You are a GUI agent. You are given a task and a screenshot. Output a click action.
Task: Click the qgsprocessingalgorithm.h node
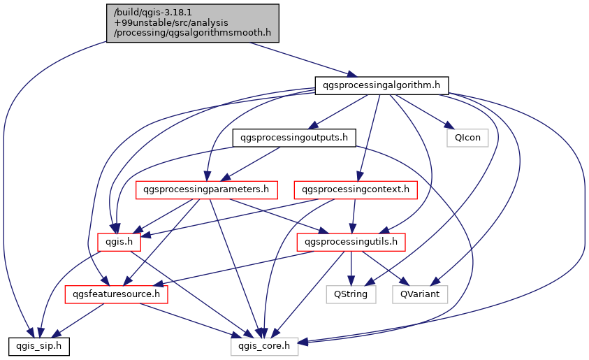coord(381,85)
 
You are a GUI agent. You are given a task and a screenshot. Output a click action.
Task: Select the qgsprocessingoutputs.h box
coord(293,138)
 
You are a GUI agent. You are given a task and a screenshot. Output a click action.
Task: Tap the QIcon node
coord(467,138)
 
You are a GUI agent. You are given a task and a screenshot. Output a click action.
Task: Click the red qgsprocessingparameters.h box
coord(207,189)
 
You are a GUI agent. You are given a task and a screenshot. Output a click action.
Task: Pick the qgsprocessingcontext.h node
coord(356,189)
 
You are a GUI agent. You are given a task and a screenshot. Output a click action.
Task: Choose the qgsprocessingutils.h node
coord(351,242)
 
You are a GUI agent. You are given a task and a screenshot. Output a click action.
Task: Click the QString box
coord(351,294)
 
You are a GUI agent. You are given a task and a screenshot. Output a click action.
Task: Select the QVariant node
coord(419,294)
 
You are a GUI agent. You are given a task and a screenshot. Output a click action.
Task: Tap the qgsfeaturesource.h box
coord(117,294)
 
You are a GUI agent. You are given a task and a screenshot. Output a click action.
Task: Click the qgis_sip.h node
coord(38,345)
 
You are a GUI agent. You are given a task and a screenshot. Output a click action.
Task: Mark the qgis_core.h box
coord(265,345)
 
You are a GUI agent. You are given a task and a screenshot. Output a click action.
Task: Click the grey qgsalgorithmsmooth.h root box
coord(193,23)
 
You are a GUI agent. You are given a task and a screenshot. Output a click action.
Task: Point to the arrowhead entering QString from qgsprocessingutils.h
coord(351,282)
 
